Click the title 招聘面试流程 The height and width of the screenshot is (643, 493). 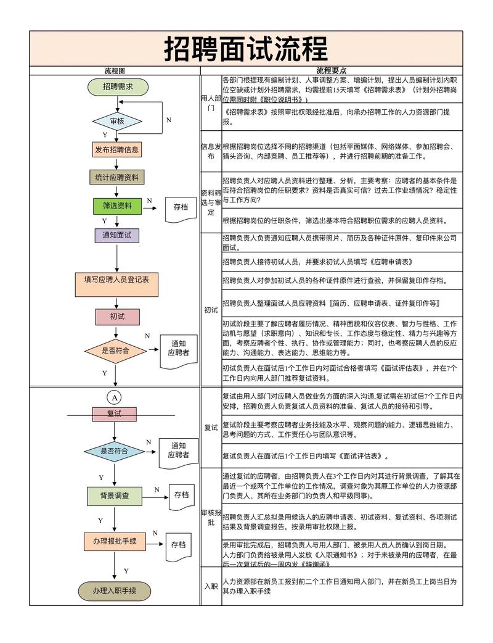246,49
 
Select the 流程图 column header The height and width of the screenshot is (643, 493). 115,71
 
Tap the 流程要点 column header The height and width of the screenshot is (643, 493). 331,71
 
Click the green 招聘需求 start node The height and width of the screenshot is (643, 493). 118,87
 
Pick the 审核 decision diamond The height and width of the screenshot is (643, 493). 117,121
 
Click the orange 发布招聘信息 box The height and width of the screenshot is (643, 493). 116,150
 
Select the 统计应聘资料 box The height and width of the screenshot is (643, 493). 116,178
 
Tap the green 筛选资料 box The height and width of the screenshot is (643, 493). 116,205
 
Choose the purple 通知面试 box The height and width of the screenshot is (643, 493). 116,235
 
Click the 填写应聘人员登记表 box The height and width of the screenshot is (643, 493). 116,280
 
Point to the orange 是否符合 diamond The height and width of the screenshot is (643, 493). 115,351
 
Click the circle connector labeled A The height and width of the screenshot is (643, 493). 114,397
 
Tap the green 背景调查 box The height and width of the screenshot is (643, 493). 114,496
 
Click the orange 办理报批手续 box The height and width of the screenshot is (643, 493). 114,541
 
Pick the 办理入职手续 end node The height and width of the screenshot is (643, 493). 114,591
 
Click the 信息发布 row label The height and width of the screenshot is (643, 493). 210,152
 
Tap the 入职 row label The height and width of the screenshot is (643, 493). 210,586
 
